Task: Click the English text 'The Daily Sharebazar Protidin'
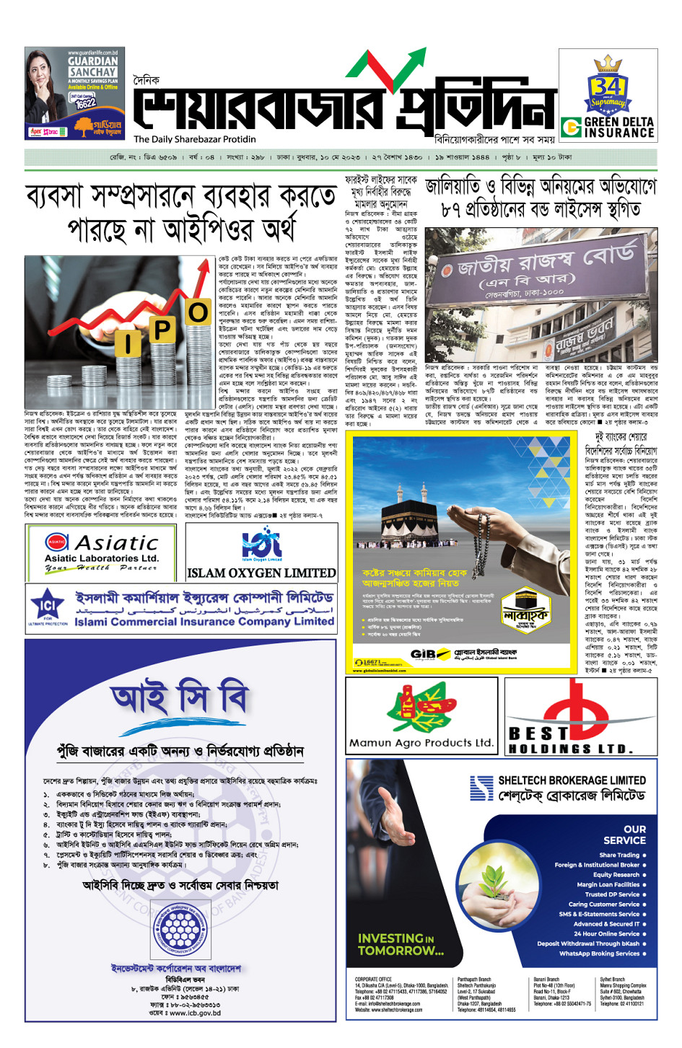pyautogui.click(x=195, y=139)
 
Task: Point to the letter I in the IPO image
pyautogui.click(x=128, y=343)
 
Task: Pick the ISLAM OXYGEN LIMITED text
pyautogui.click(x=261, y=573)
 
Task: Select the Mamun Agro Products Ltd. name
pyautogui.click(x=421, y=742)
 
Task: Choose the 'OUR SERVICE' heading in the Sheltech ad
pyautogui.click(x=625, y=835)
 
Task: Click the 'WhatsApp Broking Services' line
pyautogui.click(x=602, y=954)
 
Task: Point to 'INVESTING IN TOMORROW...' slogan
pyautogui.click(x=401, y=944)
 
